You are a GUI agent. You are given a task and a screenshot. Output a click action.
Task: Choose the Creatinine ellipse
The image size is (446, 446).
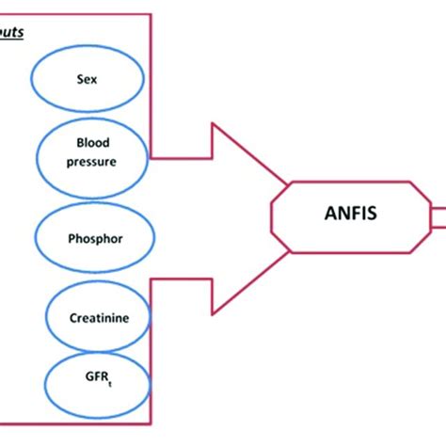[92, 318]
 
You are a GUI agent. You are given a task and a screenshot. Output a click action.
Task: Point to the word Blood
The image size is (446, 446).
[92, 143]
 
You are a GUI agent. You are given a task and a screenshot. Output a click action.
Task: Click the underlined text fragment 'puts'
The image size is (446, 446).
[11, 31]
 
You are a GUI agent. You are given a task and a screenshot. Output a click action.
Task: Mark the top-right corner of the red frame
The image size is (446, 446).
[151, 14]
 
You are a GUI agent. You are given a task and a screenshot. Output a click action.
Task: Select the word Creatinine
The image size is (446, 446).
[92, 319]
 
